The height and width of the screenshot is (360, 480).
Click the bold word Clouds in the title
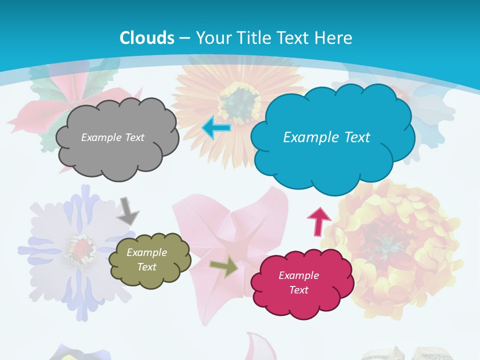pyautogui.click(x=147, y=38)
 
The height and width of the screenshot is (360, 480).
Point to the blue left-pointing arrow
pyautogui.click(x=216, y=128)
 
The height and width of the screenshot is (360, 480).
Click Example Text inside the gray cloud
pyautogui.click(x=112, y=137)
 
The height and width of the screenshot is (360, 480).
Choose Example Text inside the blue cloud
pyautogui.click(x=326, y=137)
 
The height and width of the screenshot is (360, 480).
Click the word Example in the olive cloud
pyautogui.click(x=147, y=252)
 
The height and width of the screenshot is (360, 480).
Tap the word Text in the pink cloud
pyautogui.click(x=298, y=290)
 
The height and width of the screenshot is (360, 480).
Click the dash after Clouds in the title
pyautogui.click(x=184, y=38)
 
